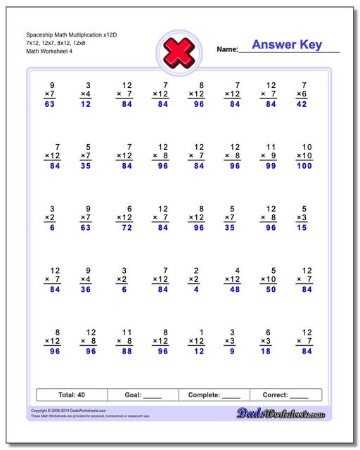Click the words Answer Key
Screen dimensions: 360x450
[287, 45]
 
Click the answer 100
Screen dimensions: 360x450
[303, 167]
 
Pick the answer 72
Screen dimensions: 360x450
[127, 229]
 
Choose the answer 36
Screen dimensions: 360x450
[85, 290]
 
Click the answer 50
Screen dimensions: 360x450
[268, 290]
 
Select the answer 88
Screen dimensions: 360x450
[127, 352]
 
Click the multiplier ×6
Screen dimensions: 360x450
[301, 94]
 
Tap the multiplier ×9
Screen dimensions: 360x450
[268, 156]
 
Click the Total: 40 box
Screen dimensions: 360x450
[71, 395]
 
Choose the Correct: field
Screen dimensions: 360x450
[285, 395]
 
